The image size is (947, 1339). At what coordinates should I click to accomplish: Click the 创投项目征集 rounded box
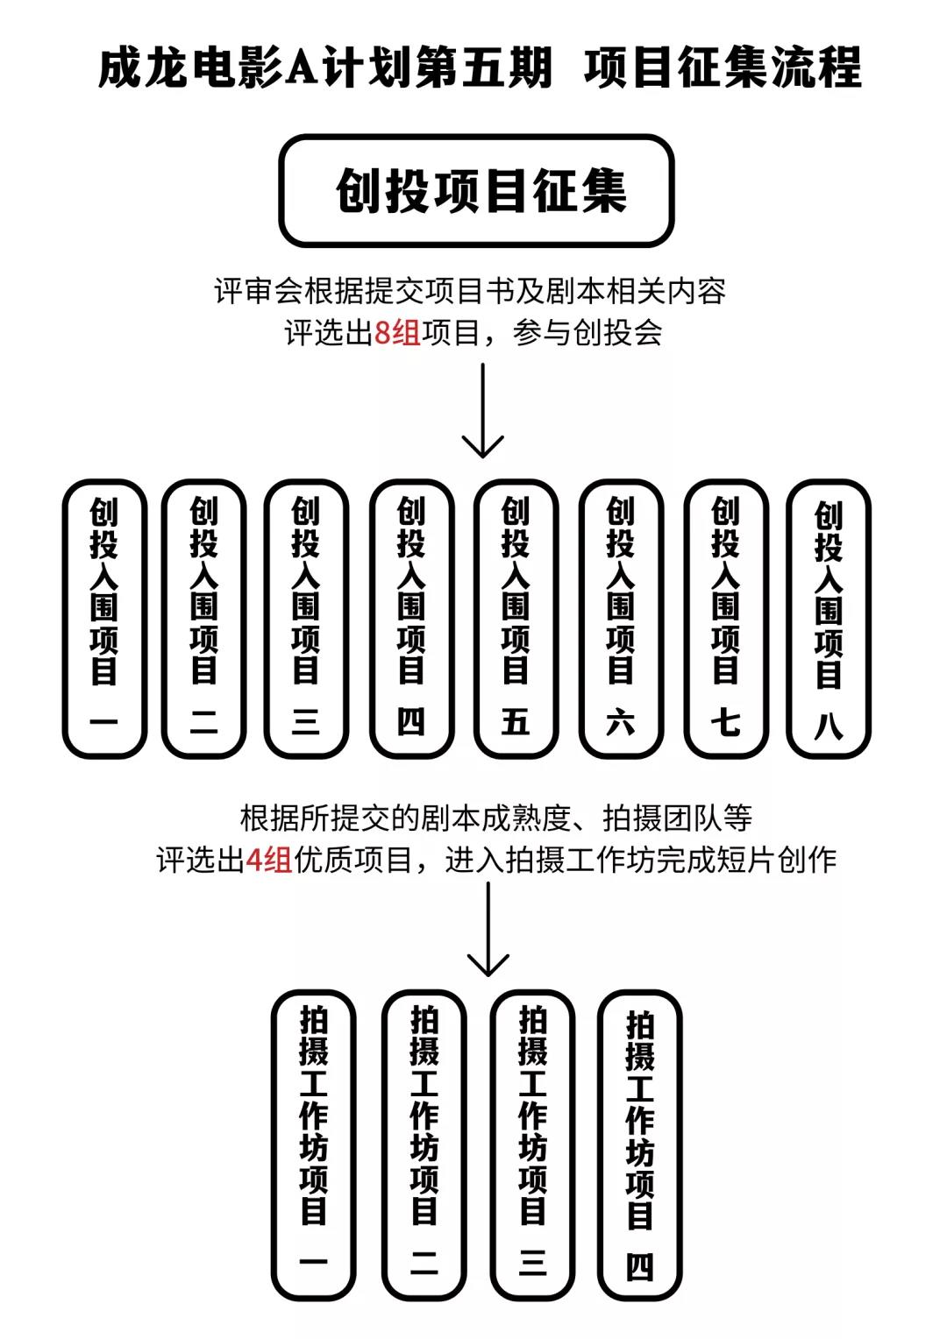(476, 190)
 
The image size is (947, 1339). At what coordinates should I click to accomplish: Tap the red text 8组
(397, 332)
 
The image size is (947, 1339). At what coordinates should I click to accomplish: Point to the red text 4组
(268, 860)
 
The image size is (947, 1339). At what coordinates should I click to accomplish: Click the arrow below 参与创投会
(482, 410)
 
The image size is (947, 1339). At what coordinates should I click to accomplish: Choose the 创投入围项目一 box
(104, 619)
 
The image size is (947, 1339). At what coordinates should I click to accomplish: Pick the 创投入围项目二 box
(203, 619)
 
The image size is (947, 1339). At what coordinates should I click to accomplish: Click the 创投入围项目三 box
(306, 619)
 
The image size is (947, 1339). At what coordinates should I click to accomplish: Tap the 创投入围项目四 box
(411, 619)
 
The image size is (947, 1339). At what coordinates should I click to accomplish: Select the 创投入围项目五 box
(516, 619)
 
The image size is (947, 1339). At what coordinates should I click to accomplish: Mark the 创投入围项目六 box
(620, 619)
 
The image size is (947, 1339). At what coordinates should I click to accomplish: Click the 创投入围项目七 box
(726, 619)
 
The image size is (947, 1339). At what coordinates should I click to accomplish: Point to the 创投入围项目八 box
(828, 619)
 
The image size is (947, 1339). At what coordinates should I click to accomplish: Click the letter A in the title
(303, 67)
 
